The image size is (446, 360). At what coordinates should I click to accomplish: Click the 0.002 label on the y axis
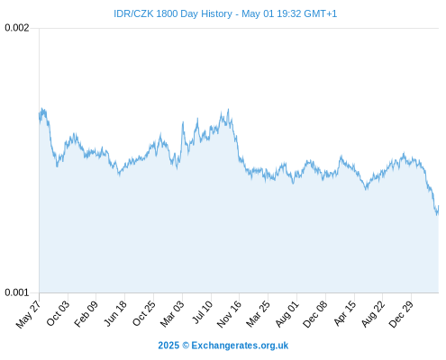click(17, 28)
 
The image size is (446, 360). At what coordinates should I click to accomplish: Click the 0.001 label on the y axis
click(17, 292)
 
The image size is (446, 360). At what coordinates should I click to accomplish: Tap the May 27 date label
click(28, 314)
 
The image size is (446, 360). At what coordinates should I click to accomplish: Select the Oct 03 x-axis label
click(58, 313)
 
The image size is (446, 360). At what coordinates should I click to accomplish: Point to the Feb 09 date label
click(86, 313)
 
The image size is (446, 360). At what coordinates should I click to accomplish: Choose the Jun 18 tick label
click(115, 313)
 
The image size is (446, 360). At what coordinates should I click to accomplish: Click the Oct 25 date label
click(144, 313)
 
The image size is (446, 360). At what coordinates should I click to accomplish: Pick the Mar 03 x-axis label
click(172, 314)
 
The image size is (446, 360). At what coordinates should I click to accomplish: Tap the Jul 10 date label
click(203, 312)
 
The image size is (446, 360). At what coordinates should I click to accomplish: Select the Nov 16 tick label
click(229, 314)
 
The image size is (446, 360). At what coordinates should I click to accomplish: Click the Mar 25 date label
click(258, 314)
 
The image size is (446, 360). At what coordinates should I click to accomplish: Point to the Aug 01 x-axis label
click(287, 314)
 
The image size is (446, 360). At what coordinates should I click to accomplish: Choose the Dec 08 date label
click(314, 314)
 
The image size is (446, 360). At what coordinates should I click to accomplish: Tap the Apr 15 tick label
click(345, 313)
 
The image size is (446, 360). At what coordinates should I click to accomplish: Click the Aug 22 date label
click(373, 314)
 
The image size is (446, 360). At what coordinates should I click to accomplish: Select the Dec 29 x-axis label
click(401, 314)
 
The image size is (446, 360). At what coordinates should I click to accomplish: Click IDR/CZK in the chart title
click(133, 13)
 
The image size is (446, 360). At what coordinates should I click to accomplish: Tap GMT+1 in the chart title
click(321, 13)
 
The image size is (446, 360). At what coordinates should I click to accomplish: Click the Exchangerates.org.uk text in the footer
click(240, 346)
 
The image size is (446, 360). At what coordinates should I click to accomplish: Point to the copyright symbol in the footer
click(186, 346)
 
